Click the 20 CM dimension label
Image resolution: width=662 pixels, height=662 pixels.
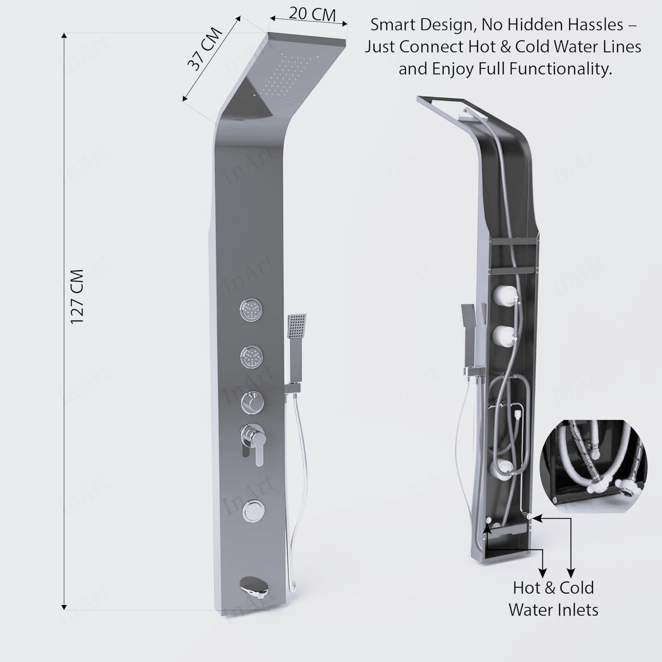pyautogui.click(x=312, y=14)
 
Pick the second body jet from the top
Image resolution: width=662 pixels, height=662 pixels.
pyautogui.click(x=252, y=356)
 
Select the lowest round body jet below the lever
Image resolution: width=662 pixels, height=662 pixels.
pyautogui.click(x=253, y=511)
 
